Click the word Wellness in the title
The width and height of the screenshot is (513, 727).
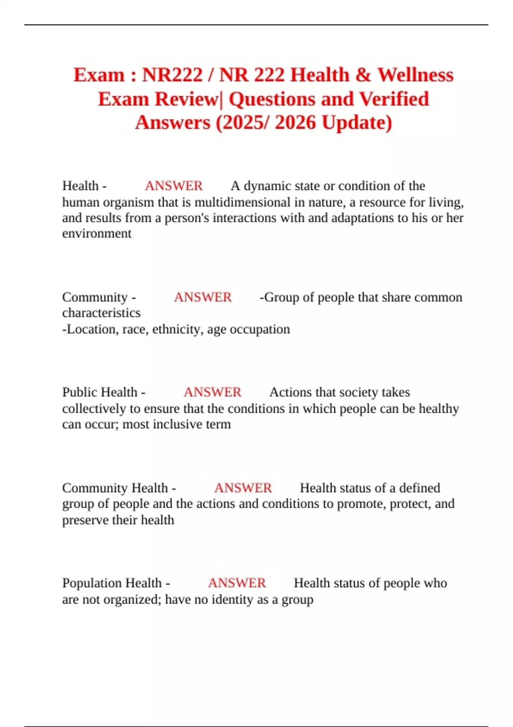[415, 75]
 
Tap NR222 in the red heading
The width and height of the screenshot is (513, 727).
[172, 75]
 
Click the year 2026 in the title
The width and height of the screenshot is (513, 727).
[295, 123]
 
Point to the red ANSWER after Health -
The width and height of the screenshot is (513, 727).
[174, 186]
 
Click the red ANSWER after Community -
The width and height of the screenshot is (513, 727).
[203, 297]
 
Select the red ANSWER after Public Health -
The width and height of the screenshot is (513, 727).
[212, 392]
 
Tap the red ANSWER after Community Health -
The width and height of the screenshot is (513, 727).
[243, 488]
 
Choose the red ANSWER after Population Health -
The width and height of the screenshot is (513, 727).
[237, 583]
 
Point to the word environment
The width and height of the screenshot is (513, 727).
[97, 233]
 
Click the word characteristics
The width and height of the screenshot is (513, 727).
[101, 313]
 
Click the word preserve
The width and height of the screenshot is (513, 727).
[85, 520]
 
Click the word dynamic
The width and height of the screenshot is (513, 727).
[267, 186]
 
